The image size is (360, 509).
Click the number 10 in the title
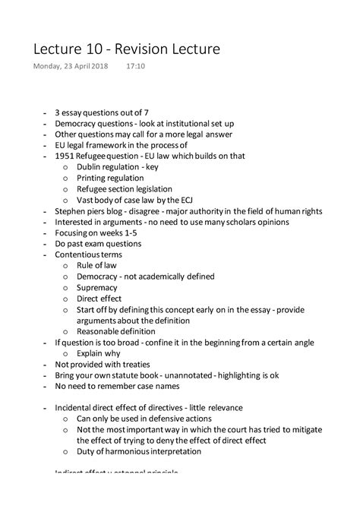pyautogui.click(x=97, y=49)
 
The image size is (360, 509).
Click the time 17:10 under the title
pyautogui.click(x=137, y=68)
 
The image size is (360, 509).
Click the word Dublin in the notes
pyautogui.click(x=90, y=166)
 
